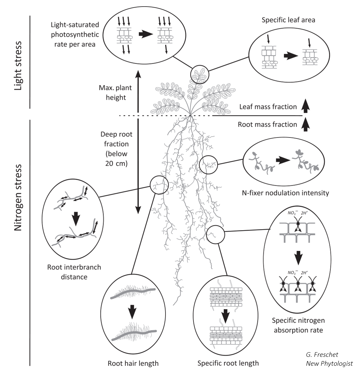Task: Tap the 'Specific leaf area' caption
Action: point(288,20)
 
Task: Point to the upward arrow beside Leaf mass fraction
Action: point(306,107)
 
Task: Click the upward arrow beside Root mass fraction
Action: point(306,125)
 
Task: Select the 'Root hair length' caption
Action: point(133,363)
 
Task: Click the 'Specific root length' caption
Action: point(228,363)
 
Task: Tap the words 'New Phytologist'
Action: point(329,363)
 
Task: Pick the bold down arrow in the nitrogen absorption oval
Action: point(298,258)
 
